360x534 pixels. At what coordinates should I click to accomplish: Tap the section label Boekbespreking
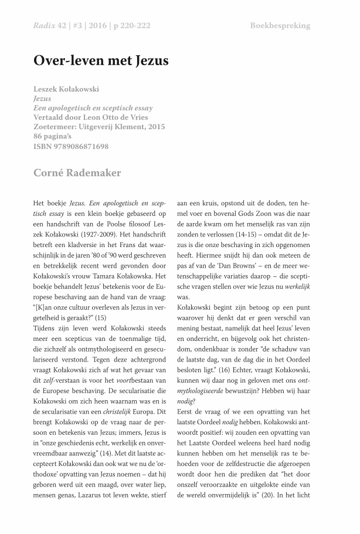click(280, 26)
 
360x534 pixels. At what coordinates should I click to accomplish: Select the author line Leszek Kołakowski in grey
click(66, 89)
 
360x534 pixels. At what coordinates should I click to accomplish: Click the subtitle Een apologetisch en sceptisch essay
click(93, 108)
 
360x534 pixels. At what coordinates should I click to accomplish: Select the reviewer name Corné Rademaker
click(78, 173)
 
